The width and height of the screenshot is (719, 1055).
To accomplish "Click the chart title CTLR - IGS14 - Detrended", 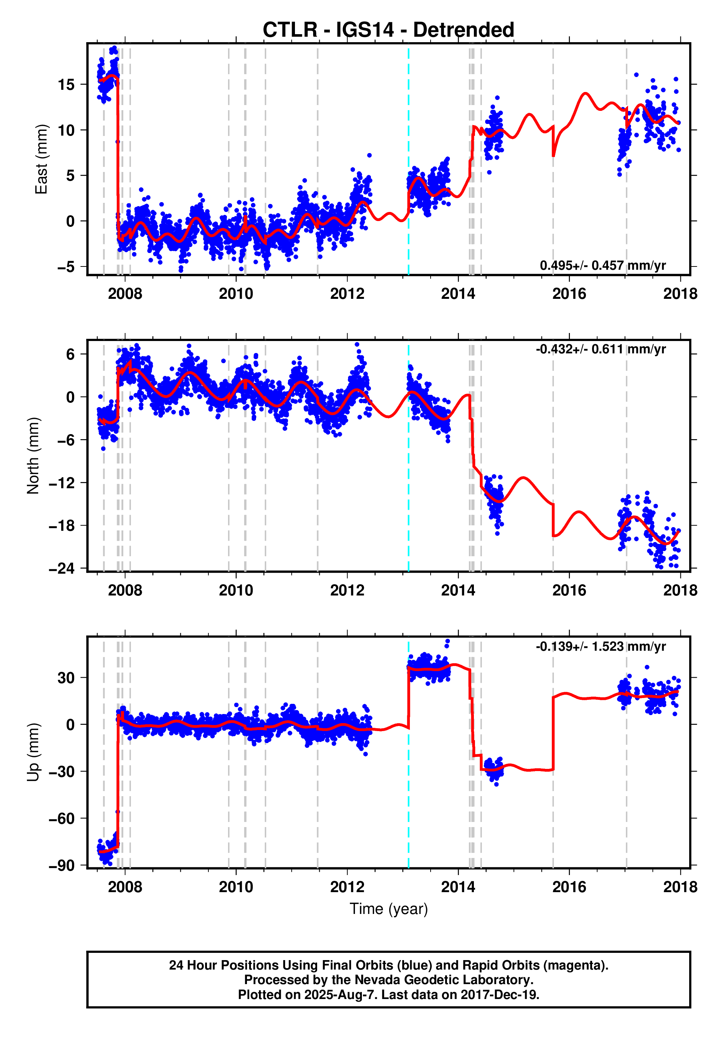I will tap(388, 30).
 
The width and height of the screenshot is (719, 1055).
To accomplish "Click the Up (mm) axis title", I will tap(33, 752).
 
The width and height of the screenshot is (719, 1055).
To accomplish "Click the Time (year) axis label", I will tap(388, 909).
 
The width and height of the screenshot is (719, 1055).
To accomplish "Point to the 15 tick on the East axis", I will tap(66, 84).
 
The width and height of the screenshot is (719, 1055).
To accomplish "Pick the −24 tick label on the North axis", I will tap(62, 568).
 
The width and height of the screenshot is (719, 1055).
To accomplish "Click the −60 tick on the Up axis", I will tap(62, 818).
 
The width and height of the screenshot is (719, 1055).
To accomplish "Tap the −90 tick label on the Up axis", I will tap(62, 866).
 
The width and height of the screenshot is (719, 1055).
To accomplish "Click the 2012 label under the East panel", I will tap(347, 294).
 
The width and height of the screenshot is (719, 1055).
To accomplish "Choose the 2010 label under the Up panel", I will tap(236, 887).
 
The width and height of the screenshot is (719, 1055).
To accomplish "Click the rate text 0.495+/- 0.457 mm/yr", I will tap(603, 265).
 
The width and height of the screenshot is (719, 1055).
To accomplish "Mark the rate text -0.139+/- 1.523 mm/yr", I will tap(600, 646).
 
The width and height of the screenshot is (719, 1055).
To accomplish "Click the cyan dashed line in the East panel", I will tap(408, 136).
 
